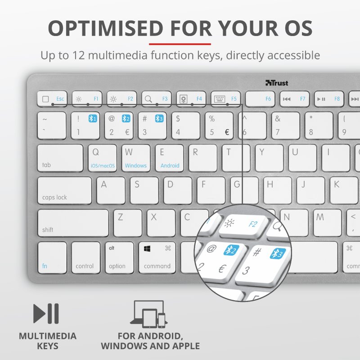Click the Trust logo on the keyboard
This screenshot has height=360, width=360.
pyautogui.click(x=277, y=83)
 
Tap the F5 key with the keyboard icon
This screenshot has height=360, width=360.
pyautogui.click(x=225, y=99)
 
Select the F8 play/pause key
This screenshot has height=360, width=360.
pyautogui.click(x=329, y=99)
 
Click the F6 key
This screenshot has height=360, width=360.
pyautogui.click(x=260, y=99)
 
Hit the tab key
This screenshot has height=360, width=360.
pyautogui.click(x=60, y=158)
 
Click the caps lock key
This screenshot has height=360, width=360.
pyautogui.click(x=64, y=190)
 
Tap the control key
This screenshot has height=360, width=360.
pyautogui.click(x=85, y=258)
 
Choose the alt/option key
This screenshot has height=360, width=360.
pyautogui.click(x=120, y=258)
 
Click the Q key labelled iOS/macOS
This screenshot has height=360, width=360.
pyautogui.click(x=103, y=158)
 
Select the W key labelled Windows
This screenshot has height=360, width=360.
pyautogui.click(x=135, y=158)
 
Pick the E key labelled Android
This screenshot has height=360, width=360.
pyautogui.click(x=170, y=158)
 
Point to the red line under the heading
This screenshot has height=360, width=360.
pyautogui.click(x=180, y=44)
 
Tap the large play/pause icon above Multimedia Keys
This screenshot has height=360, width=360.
pyautogui.click(x=46, y=313)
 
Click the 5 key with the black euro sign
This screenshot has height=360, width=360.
pyautogui.click(x=219, y=126)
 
